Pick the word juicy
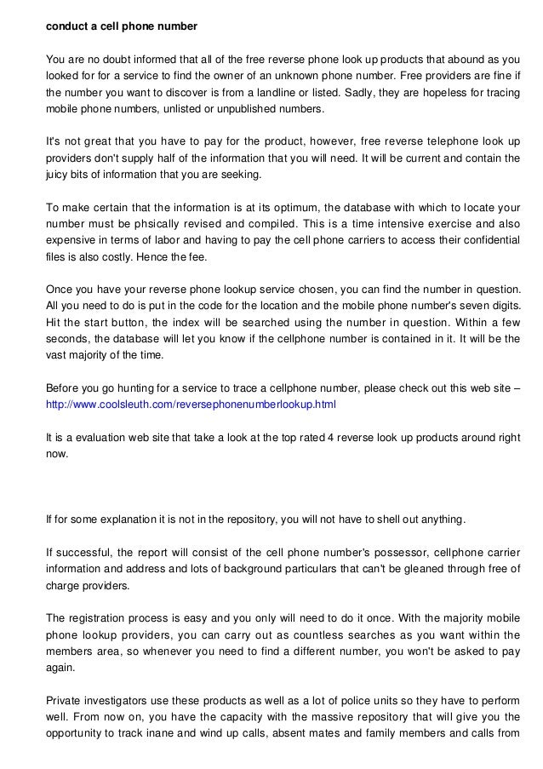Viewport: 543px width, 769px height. [x=60, y=175]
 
